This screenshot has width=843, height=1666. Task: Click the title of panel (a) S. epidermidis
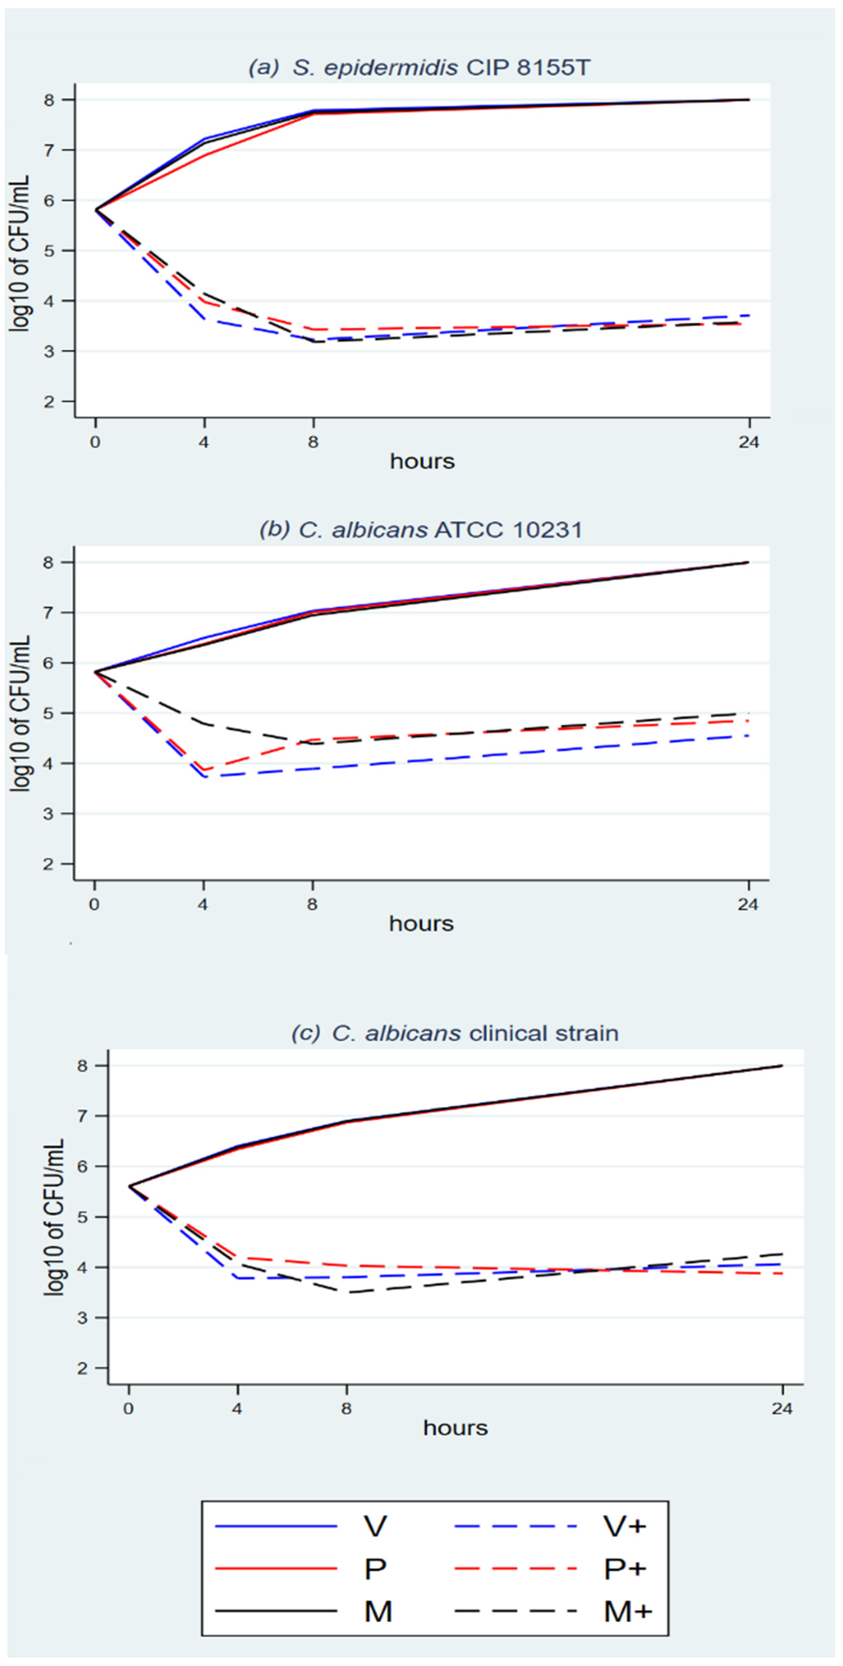point(419,67)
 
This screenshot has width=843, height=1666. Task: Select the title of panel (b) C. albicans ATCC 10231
point(420,530)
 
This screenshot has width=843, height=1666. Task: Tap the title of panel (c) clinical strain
point(455,1033)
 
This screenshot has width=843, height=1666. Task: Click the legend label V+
point(624,1526)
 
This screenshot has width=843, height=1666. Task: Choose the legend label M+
point(628,1612)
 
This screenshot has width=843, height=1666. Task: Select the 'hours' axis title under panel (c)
point(456,1427)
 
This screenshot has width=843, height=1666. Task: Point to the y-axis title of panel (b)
point(21,713)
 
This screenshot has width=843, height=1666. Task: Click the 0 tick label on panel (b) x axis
point(94,904)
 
